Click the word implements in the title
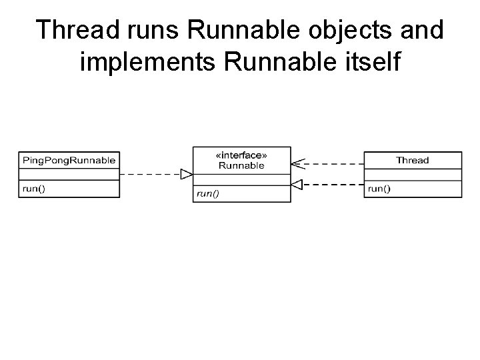(148, 63)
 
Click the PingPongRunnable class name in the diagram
(69, 160)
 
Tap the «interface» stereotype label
(241, 155)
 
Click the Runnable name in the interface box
(241, 165)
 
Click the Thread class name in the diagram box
(412, 160)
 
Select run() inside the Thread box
(379, 189)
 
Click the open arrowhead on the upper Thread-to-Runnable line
(297, 161)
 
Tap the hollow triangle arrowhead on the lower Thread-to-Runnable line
(297, 184)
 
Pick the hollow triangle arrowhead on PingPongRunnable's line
(187, 175)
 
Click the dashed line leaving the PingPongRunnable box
(150, 175)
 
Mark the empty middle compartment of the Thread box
(413, 175)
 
